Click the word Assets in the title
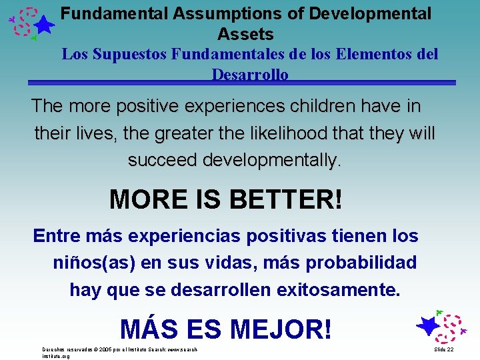(245, 33)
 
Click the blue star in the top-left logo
(44, 25)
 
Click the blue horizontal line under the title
(241, 83)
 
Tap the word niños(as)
(93, 263)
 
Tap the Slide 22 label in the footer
(443, 349)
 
